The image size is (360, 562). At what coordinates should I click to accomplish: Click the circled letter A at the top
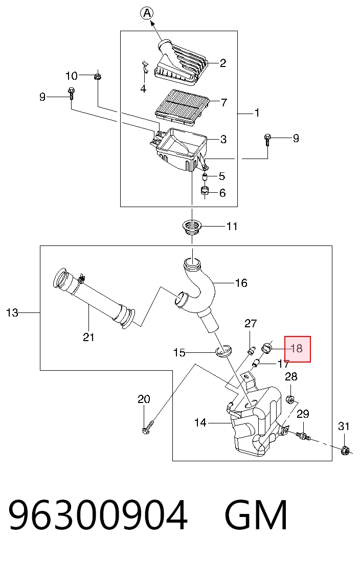pos(146,14)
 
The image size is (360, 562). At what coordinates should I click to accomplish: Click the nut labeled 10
pos(98,76)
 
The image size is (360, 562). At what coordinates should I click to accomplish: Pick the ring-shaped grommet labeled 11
pos(192,228)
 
